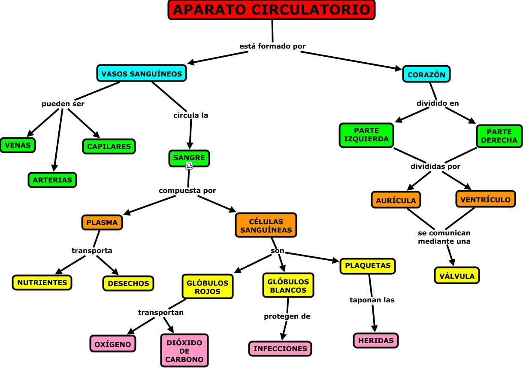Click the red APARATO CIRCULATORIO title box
[x=272, y=10]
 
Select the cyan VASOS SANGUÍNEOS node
[x=142, y=74]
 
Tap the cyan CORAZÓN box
[x=426, y=74]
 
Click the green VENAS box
[x=18, y=145]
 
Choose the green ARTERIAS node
[x=52, y=180]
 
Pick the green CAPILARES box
[x=109, y=146]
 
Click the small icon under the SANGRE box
[x=189, y=166]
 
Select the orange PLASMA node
[x=102, y=222]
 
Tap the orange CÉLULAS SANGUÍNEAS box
[x=266, y=225]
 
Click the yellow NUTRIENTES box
[x=42, y=283]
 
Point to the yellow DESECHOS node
[x=128, y=283]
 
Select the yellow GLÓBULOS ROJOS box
[x=208, y=287]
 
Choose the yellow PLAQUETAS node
[x=368, y=266]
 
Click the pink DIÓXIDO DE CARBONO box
[x=184, y=351]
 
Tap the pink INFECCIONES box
[x=280, y=349]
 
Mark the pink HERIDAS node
[x=376, y=341]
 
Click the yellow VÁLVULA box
[x=457, y=276]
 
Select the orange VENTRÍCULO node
[x=485, y=199]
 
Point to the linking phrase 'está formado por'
[x=272, y=46]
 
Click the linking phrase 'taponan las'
[x=372, y=300]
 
